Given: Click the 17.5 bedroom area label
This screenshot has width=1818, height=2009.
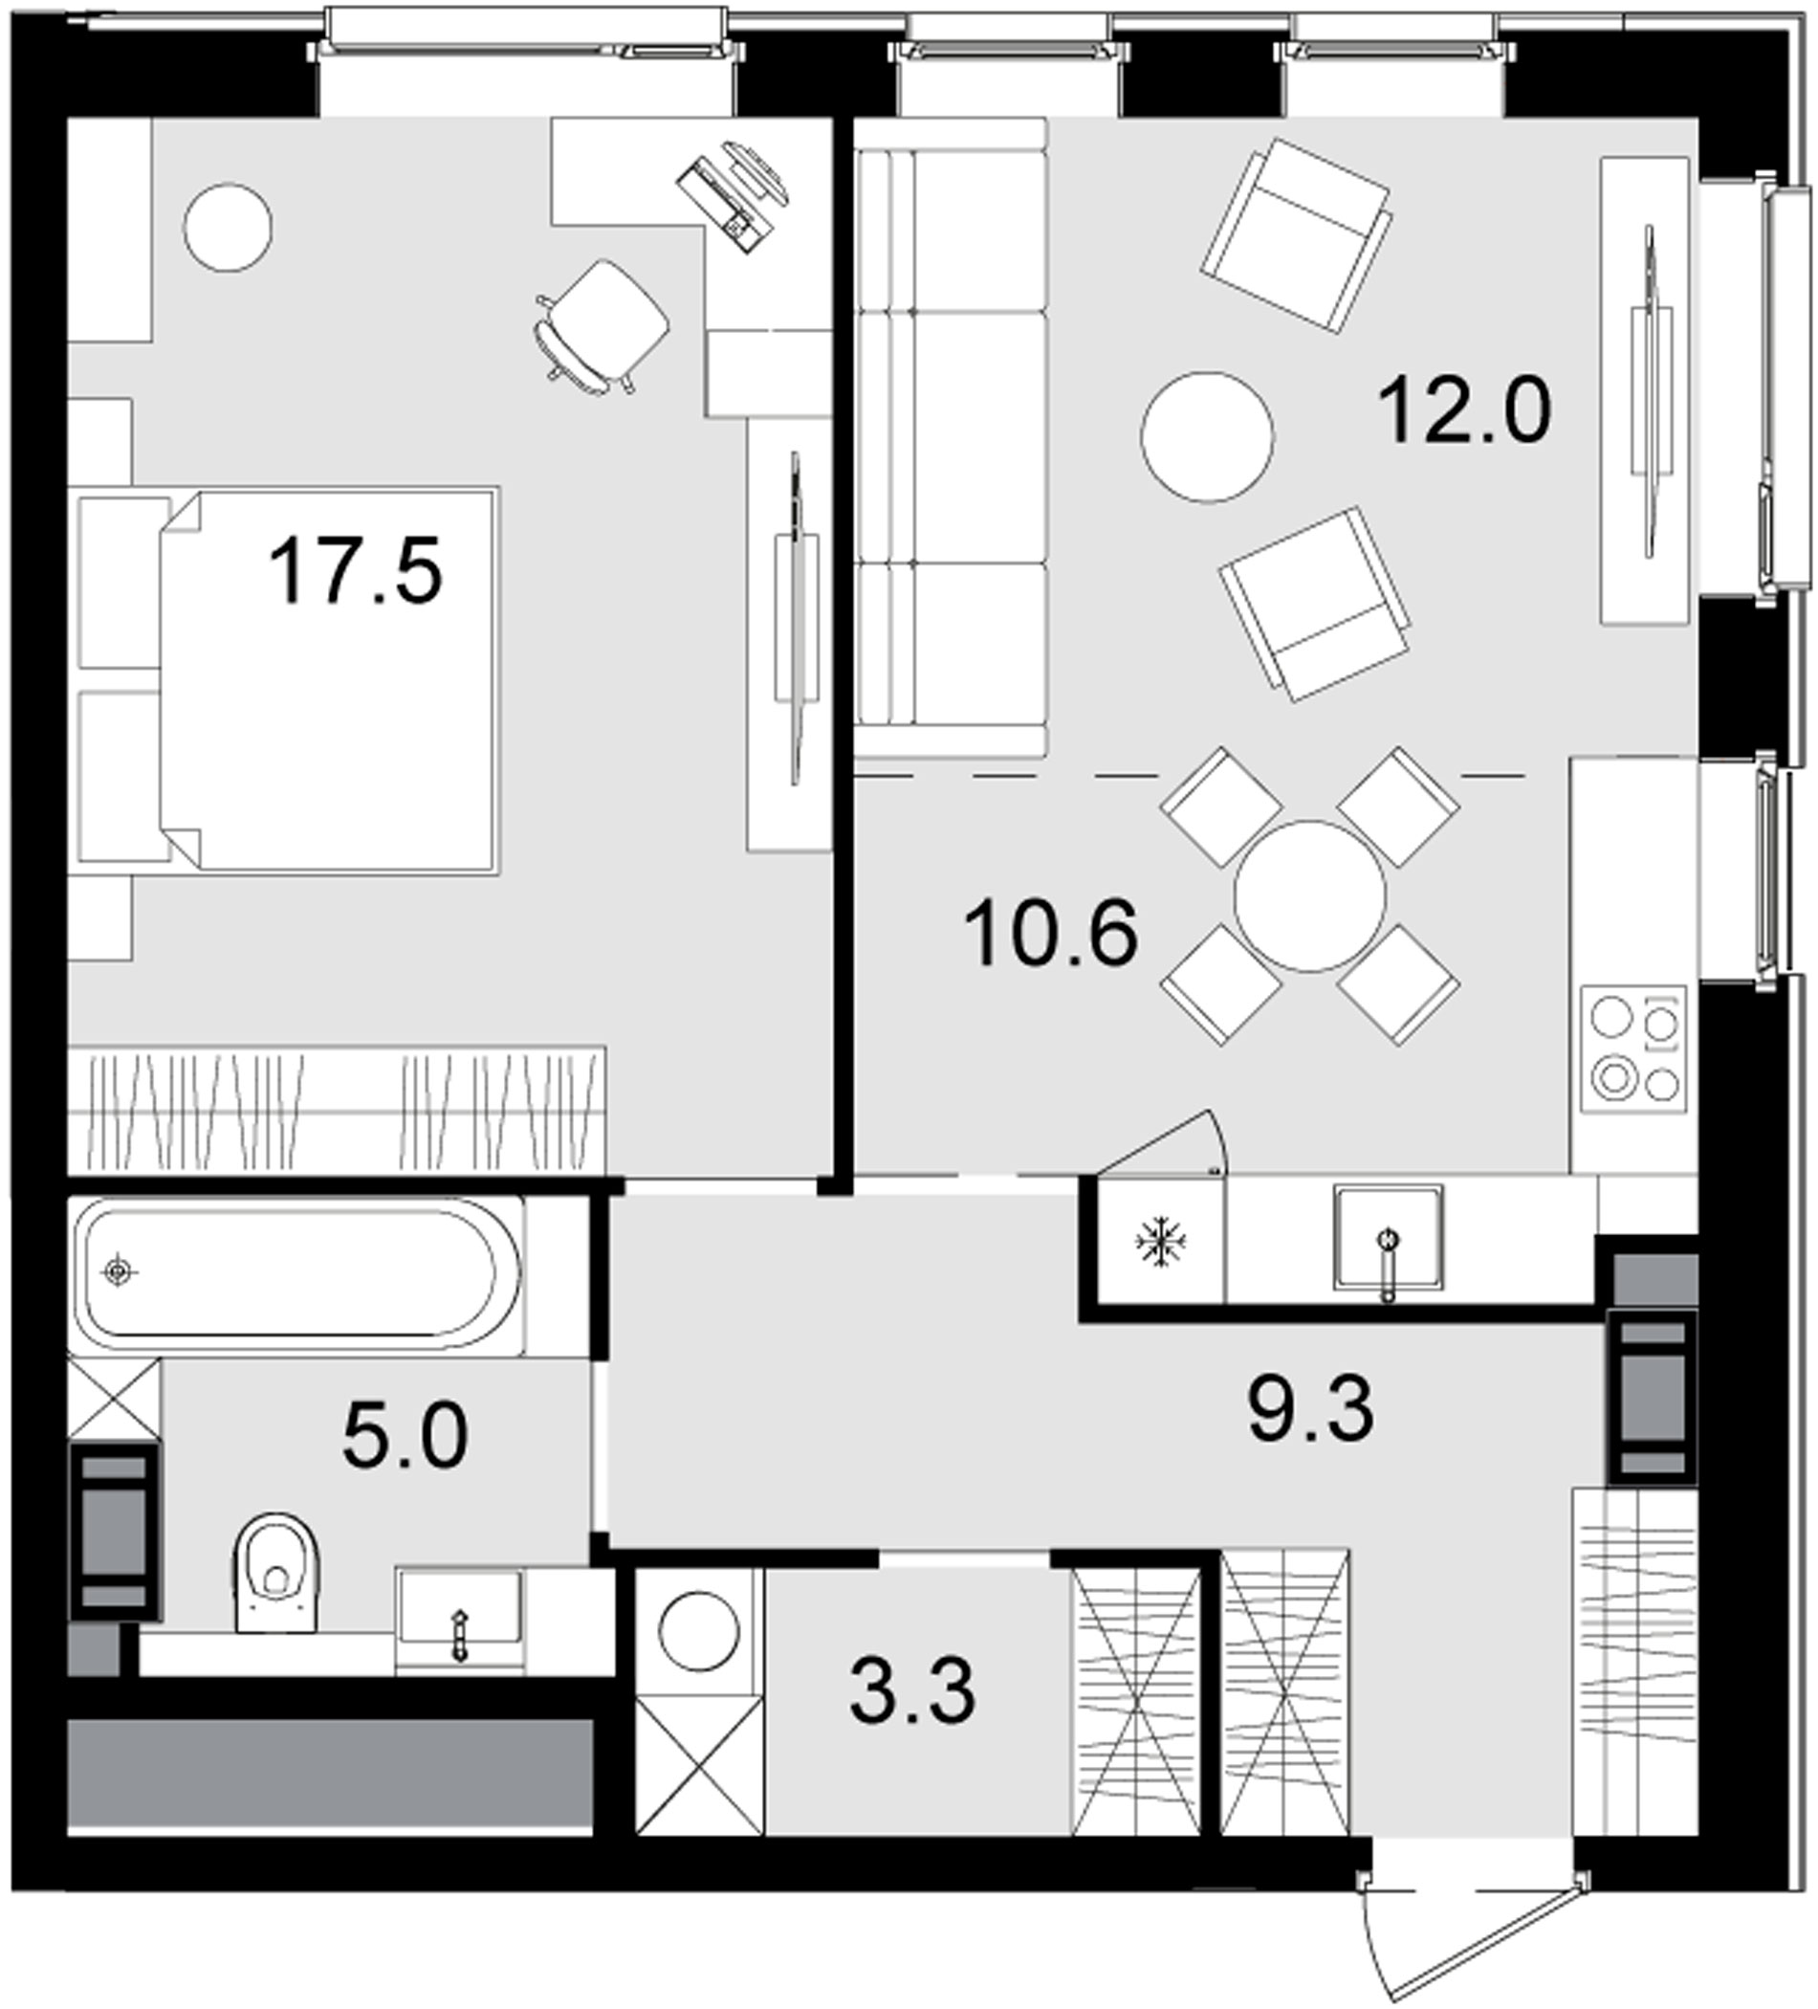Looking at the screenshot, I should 355,571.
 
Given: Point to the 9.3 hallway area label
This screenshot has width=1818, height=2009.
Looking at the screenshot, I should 1310,1409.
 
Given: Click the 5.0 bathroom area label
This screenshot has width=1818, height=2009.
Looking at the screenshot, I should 405,1438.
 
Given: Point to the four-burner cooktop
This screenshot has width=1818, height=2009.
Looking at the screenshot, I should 1633,1049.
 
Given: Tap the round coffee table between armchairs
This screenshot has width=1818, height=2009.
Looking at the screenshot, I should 1206,437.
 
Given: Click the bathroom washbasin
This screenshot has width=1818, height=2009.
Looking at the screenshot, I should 459,1608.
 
